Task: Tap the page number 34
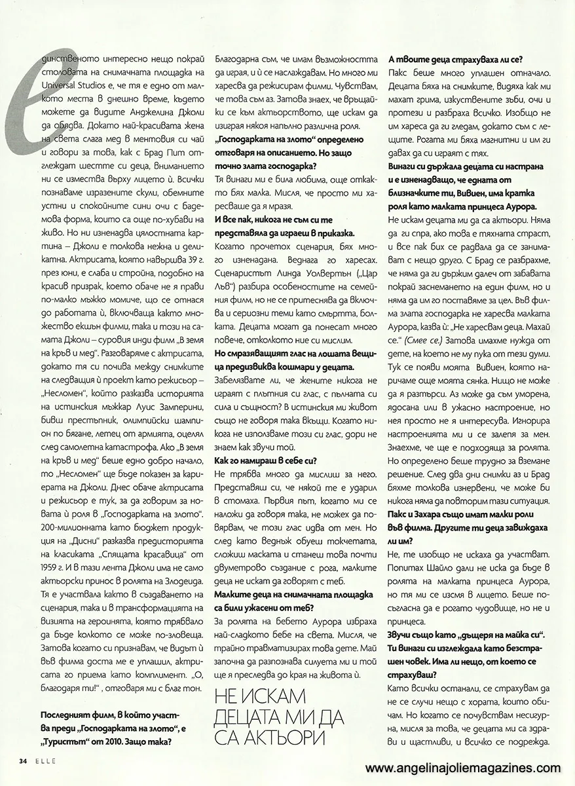click(x=22, y=760)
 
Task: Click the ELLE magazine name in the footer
click(x=41, y=760)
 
